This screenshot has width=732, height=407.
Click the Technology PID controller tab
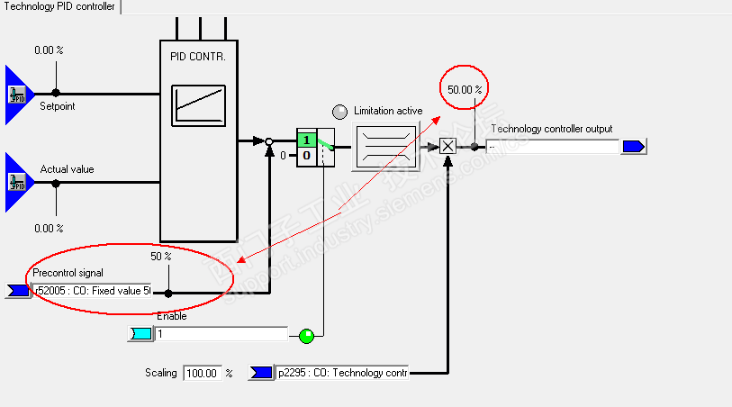tap(59, 6)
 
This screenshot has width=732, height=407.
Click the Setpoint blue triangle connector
tap(18, 93)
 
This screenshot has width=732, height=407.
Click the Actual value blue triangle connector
tap(18, 182)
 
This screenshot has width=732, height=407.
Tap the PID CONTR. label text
tap(196, 56)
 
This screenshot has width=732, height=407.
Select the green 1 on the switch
tap(306, 140)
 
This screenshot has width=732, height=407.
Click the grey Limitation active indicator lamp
tap(339, 112)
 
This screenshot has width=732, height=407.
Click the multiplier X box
tap(447, 146)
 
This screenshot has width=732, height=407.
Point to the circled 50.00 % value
tap(465, 89)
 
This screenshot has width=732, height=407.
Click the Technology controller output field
tap(552, 146)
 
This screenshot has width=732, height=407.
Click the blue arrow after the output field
tap(634, 146)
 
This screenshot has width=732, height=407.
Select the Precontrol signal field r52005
tap(91, 291)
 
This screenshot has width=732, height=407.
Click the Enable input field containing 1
tap(221, 334)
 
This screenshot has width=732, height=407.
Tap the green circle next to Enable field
tap(307, 336)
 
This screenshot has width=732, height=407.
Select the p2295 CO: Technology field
tap(341, 373)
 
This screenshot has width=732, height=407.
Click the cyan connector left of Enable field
tap(141, 334)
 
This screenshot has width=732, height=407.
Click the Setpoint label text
tap(58, 106)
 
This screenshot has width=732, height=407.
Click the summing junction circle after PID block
tap(268, 140)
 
